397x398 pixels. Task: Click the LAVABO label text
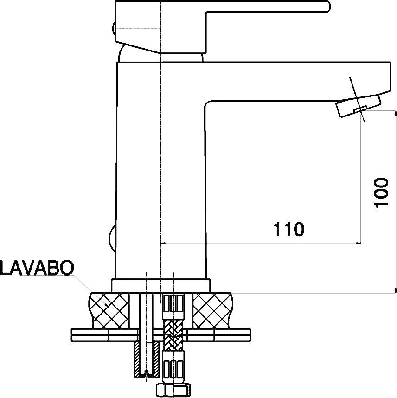37,268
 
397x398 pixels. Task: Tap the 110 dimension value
288,229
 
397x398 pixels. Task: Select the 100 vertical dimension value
381,193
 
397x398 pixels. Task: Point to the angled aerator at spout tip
359,106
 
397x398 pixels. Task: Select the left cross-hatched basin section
109,310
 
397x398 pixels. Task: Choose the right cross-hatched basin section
212,310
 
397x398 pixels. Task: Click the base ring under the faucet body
161,286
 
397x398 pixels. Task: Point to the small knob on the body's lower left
112,238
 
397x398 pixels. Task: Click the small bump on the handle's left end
114,29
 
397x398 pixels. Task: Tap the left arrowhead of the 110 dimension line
163,244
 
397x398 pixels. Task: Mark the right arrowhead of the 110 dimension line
359,244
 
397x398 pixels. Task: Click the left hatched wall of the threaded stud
137,359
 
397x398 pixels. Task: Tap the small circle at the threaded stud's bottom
146,372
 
